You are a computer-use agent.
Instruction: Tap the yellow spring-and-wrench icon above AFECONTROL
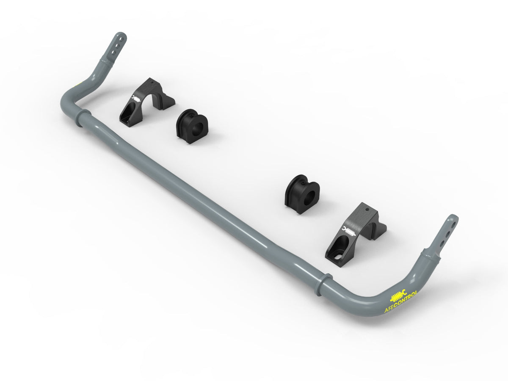pos(398,294)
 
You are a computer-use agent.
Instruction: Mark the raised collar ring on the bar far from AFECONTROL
pos(83,118)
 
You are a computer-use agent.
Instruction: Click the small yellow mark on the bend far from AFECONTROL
pos(77,86)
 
